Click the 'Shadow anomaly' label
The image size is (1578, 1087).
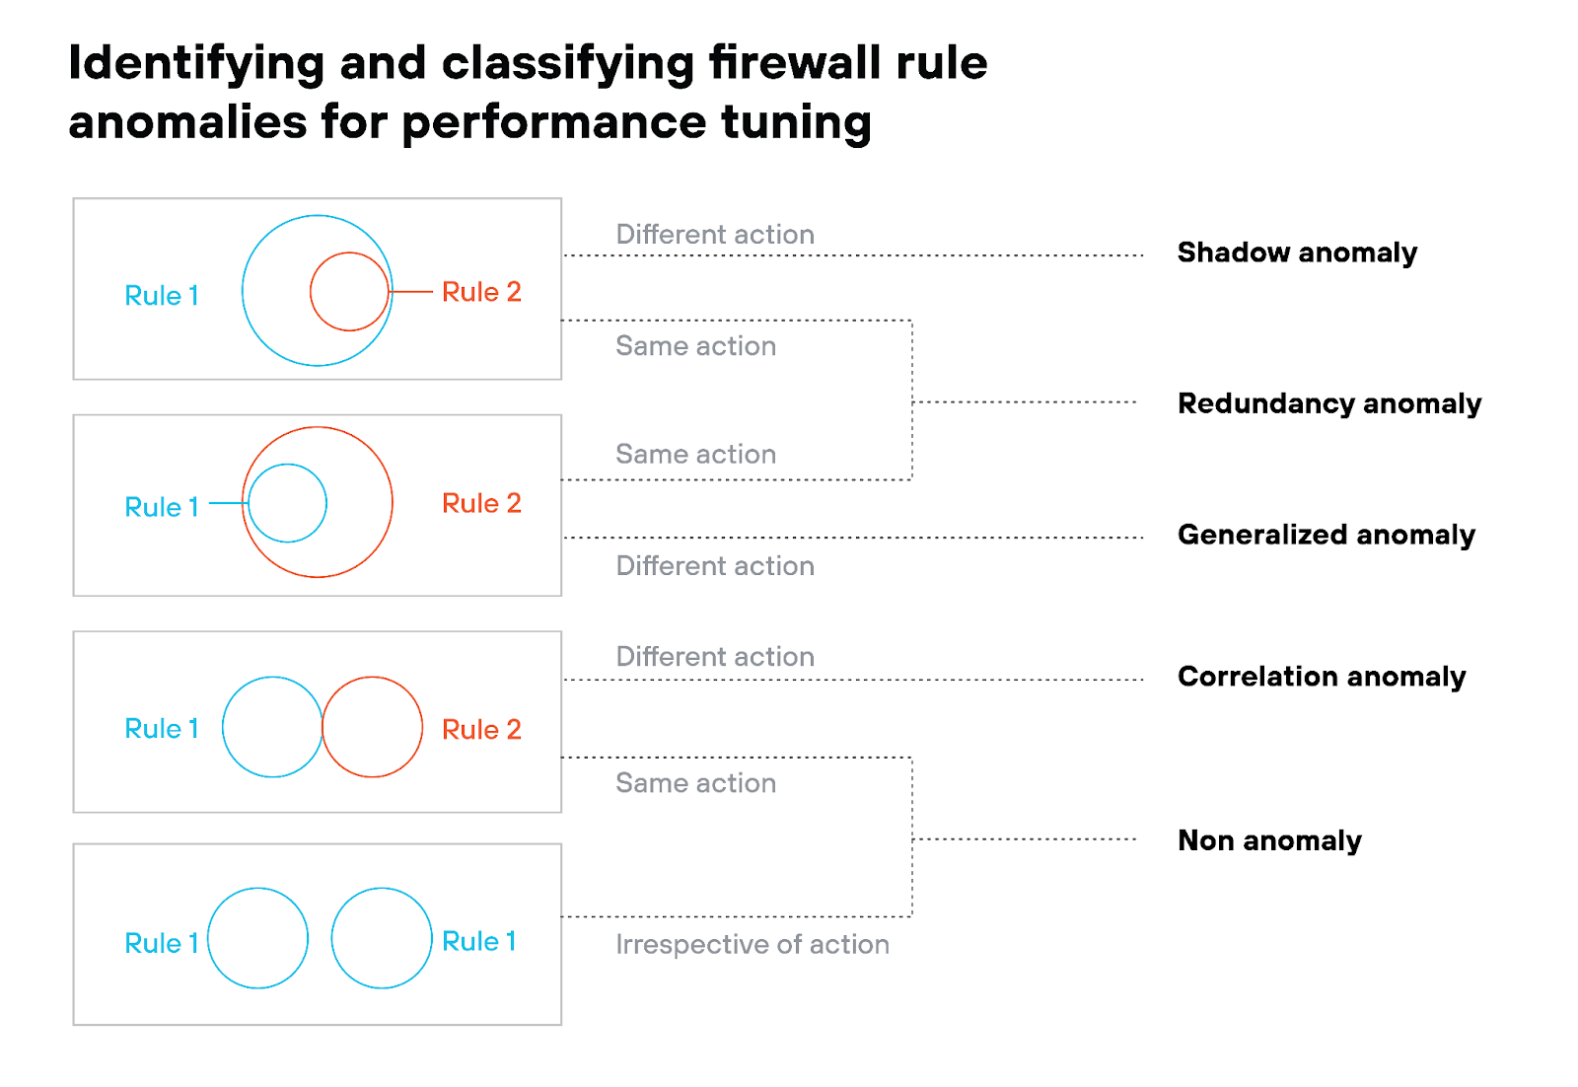(x=1296, y=253)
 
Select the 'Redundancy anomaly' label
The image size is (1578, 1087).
(x=1328, y=403)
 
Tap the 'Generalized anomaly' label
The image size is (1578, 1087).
(x=1326, y=535)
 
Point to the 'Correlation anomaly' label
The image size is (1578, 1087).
(x=1321, y=677)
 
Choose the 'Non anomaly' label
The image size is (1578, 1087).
(x=1269, y=840)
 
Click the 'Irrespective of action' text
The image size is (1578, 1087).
(x=752, y=945)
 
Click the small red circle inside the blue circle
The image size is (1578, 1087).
(x=349, y=292)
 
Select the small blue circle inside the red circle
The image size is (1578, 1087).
(x=287, y=503)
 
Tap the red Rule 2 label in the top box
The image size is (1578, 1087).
(x=481, y=292)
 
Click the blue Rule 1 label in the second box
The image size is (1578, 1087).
(x=162, y=507)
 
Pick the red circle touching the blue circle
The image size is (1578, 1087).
(x=373, y=727)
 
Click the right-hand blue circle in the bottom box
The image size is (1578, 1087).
(x=382, y=938)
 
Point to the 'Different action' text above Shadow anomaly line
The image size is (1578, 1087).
(x=715, y=235)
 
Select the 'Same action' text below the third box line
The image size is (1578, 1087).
(x=695, y=783)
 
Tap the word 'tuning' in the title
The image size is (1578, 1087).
(x=796, y=122)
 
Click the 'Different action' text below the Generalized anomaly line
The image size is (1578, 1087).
(x=715, y=566)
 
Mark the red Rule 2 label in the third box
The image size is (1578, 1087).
(x=481, y=729)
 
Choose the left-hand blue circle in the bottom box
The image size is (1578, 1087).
(x=257, y=938)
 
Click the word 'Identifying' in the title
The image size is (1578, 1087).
(x=196, y=63)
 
